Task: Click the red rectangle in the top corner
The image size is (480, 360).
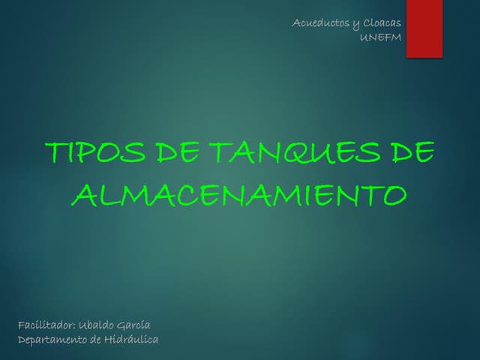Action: click(x=424, y=28)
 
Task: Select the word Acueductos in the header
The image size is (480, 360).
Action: click(x=318, y=23)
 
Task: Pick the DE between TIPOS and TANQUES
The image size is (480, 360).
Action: click(x=178, y=153)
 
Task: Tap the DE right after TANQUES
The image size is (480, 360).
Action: click(x=412, y=153)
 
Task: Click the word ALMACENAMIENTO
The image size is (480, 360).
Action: click(x=240, y=195)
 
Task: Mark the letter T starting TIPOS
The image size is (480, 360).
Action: click(x=54, y=153)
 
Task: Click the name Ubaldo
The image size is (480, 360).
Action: click(x=97, y=325)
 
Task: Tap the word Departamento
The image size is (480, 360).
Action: click(x=52, y=340)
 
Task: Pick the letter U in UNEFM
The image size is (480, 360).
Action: click(x=364, y=38)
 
